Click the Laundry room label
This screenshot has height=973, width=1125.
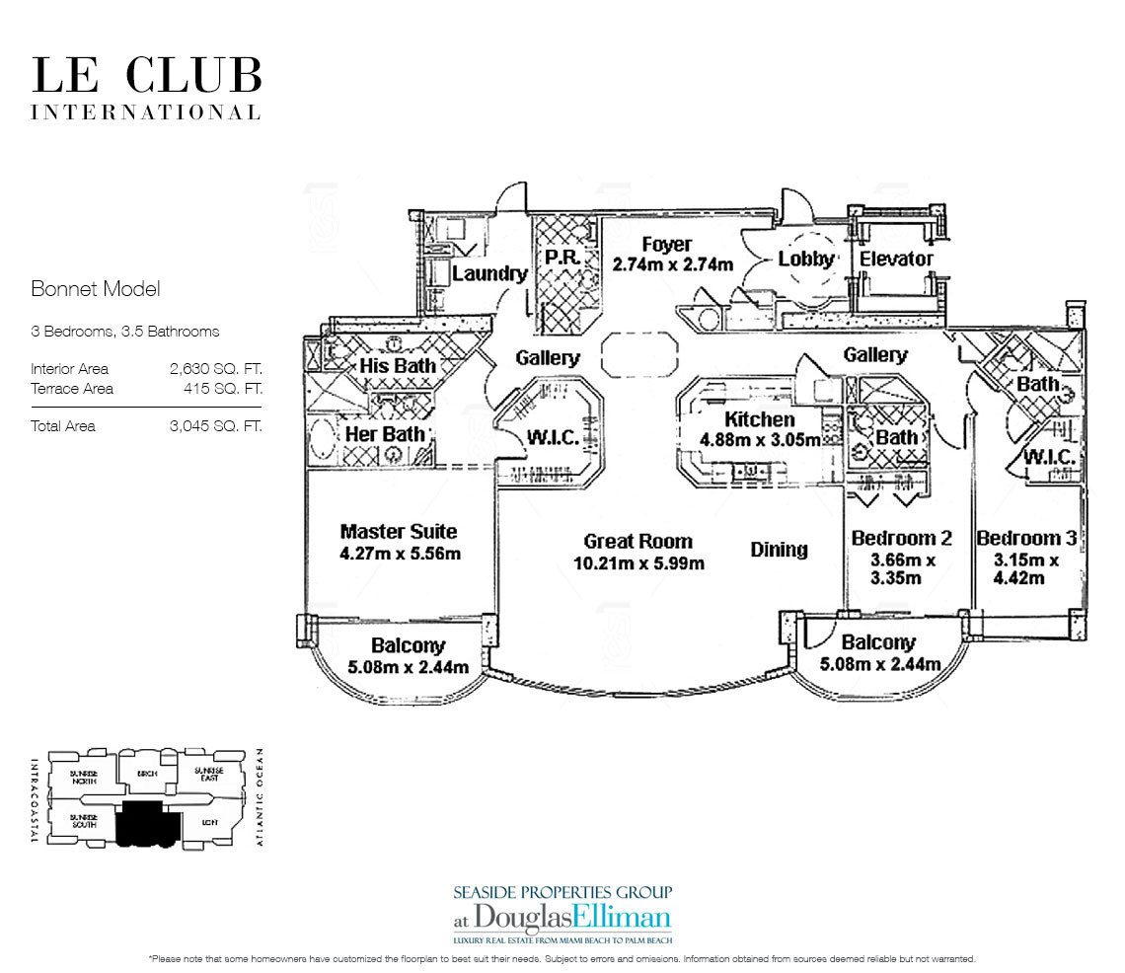tap(489, 273)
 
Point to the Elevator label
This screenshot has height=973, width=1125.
tap(896, 259)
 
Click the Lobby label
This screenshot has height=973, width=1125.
tap(806, 260)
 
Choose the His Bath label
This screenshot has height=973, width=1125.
tap(399, 366)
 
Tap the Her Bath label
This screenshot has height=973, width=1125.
tap(385, 433)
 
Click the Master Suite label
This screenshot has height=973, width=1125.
tap(399, 532)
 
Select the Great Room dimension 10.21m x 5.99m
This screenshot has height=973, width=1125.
tap(638, 563)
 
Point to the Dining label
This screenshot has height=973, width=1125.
tap(779, 550)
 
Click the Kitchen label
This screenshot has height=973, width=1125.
tap(760, 419)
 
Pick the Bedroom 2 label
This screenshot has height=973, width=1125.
tap(901, 538)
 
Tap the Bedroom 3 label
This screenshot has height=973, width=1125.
tap(1026, 538)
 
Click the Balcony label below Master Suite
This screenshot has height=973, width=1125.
tap(408, 646)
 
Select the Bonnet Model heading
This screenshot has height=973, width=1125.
tap(95, 289)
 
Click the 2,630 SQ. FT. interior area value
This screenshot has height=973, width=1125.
tap(218, 369)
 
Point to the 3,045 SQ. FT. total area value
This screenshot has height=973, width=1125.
tap(218, 426)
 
